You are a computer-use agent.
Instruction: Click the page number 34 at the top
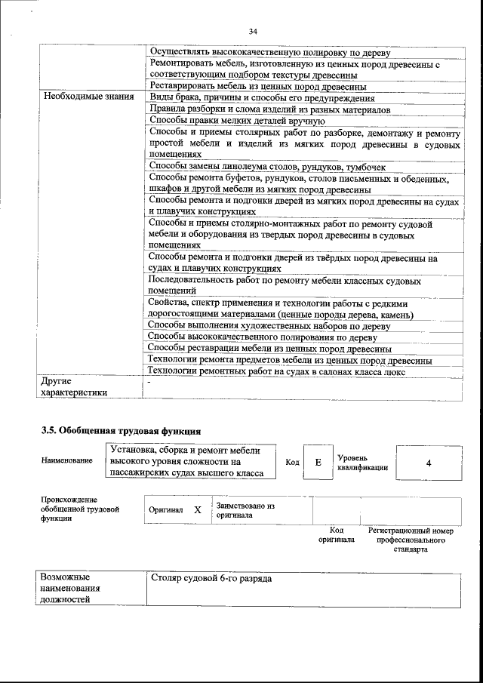click(x=253, y=31)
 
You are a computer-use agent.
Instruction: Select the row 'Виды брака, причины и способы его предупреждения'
click(x=261, y=98)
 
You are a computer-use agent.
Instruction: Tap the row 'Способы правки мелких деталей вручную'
click(x=233, y=120)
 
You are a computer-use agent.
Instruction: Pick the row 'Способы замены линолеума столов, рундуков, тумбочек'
click(x=267, y=166)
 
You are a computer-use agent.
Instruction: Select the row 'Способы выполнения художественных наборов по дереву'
click(x=269, y=326)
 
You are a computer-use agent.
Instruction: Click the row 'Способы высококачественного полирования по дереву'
click(x=263, y=337)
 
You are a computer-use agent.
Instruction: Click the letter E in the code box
click(x=318, y=463)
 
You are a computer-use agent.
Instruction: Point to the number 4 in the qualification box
click(x=428, y=463)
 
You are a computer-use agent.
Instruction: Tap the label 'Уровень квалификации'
click(x=362, y=463)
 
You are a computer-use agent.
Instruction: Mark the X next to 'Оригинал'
click(x=198, y=509)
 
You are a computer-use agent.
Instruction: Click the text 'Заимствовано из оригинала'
click(x=245, y=509)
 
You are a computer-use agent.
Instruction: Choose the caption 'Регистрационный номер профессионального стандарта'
click(x=411, y=540)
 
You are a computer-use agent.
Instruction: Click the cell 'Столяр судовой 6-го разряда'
click(x=211, y=579)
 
